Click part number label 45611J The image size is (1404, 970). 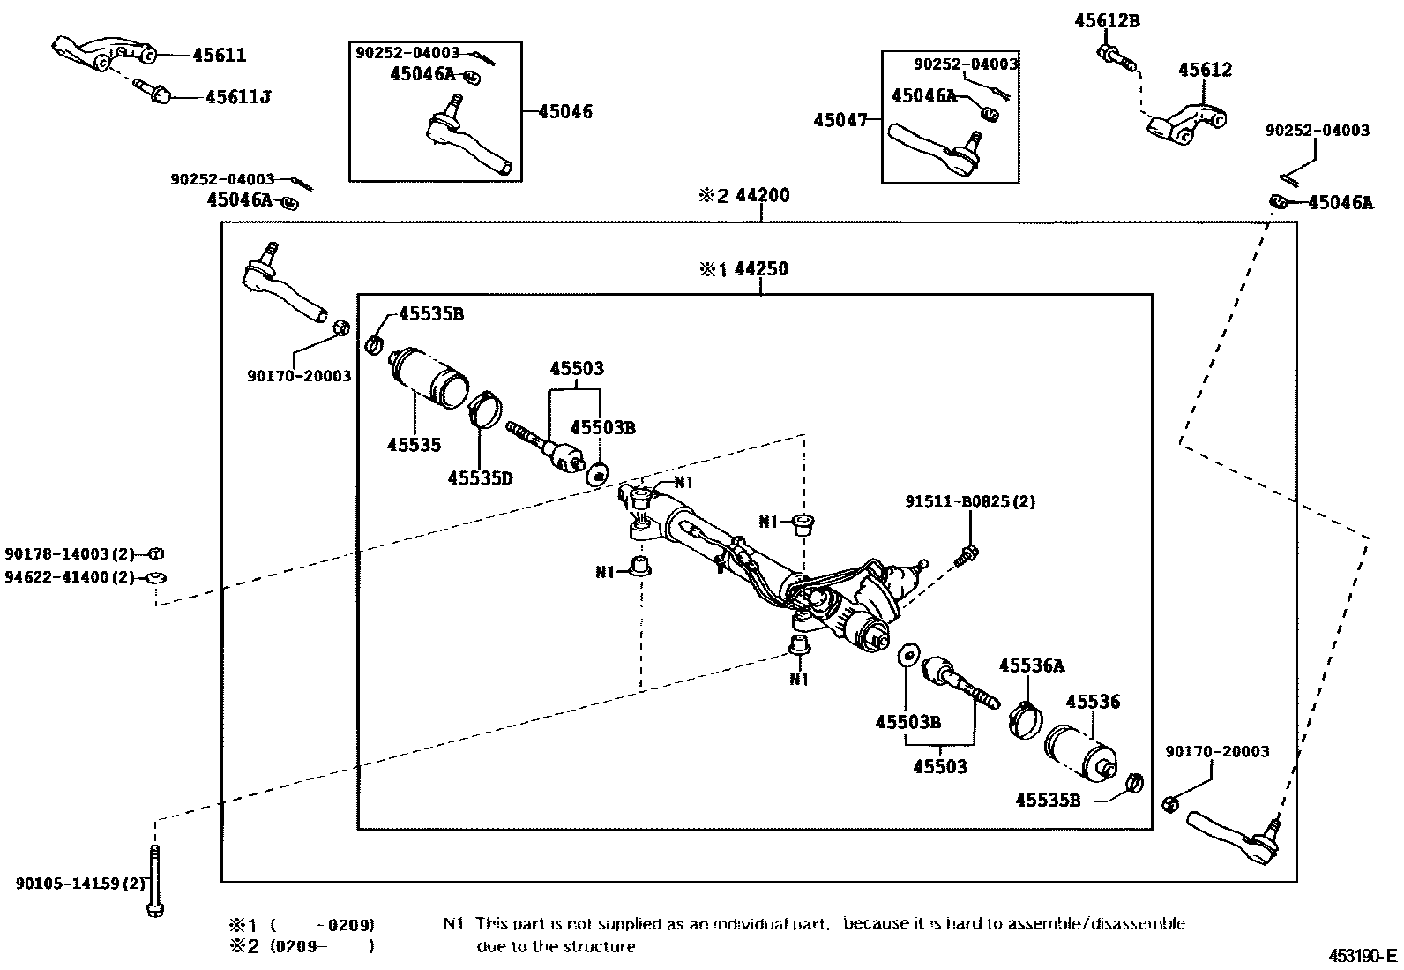pyautogui.click(x=237, y=97)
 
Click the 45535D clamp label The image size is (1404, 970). pyautogui.click(x=479, y=477)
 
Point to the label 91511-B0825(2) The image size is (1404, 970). pyautogui.click(x=969, y=501)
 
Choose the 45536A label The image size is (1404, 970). pyautogui.click(x=1031, y=665)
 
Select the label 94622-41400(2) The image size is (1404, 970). pyautogui.click(x=68, y=577)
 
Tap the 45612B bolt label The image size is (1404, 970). pyautogui.click(x=1106, y=21)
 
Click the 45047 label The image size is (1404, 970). pyautogui.click(x=842, y=120)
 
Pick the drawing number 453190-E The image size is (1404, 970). pyautogui.click(x=1363, y=956)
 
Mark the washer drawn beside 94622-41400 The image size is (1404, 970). pyautogui.click(x=155, y=577)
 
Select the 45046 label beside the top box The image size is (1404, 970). pyautogui.click(x=565, y=111)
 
